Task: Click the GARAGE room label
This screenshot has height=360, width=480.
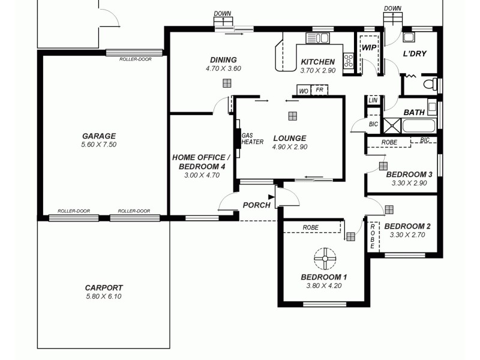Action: [x=99, y=136]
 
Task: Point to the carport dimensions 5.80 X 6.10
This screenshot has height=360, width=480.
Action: [x=103, y=296]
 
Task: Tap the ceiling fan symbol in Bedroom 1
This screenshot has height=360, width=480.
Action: [x=325, y=259]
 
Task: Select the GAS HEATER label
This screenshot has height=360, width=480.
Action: [x=252, y=139]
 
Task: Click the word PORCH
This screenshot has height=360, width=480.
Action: [x=256, y=205]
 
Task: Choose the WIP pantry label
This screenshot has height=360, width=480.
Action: [x=368, y=47]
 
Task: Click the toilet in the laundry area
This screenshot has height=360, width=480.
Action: [x=430, y=84]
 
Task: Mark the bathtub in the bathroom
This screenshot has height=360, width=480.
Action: [x=419, y=126]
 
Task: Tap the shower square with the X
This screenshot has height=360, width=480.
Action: [x=392, y=126]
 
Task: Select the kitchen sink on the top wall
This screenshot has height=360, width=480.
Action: [x=317, y=38]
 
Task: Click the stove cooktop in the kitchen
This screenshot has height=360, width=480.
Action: [x=348, y=60]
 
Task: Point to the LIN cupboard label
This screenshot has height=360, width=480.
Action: [x=373, y=100]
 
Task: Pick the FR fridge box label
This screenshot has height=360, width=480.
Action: [x=320, y=91]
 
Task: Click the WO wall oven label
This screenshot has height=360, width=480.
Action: [x=304, y=91]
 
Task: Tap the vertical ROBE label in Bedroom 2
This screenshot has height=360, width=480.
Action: [x=373, y=235]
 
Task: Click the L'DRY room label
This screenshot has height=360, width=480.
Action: [x=414, y=54]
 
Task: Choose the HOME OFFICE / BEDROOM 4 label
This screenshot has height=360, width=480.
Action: [x=199, y=161]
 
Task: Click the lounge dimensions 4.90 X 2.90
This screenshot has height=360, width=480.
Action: [x=289, y=147]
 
